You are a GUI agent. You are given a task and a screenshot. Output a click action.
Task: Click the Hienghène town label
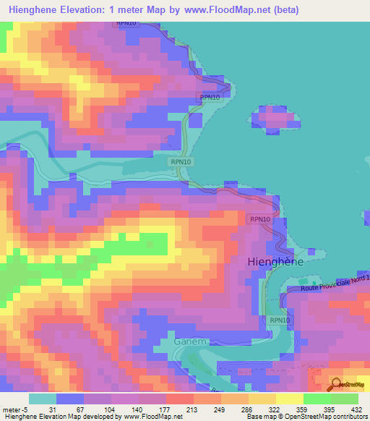275,262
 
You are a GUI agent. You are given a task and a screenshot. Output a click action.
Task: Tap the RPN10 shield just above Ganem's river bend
280,320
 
